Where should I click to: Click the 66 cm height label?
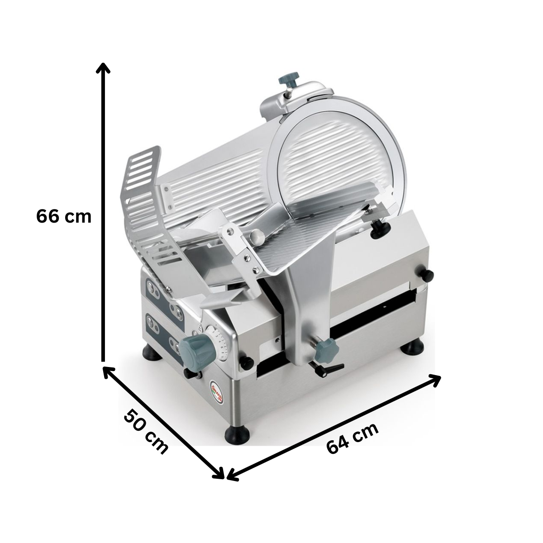(x=64, y=216)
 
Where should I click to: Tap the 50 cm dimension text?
(x=146, y=431)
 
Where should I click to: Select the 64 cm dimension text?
(x=352, y=438)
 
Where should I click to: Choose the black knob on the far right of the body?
(x=427, y=274)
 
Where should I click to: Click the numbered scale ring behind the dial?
(x=220, y=344)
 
